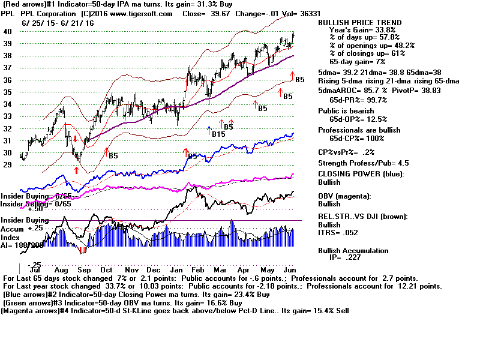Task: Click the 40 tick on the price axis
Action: coord(7,31)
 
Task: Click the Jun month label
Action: coord(289,270)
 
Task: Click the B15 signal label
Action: coord(218,134)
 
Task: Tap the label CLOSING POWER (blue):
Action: coord(361,174)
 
